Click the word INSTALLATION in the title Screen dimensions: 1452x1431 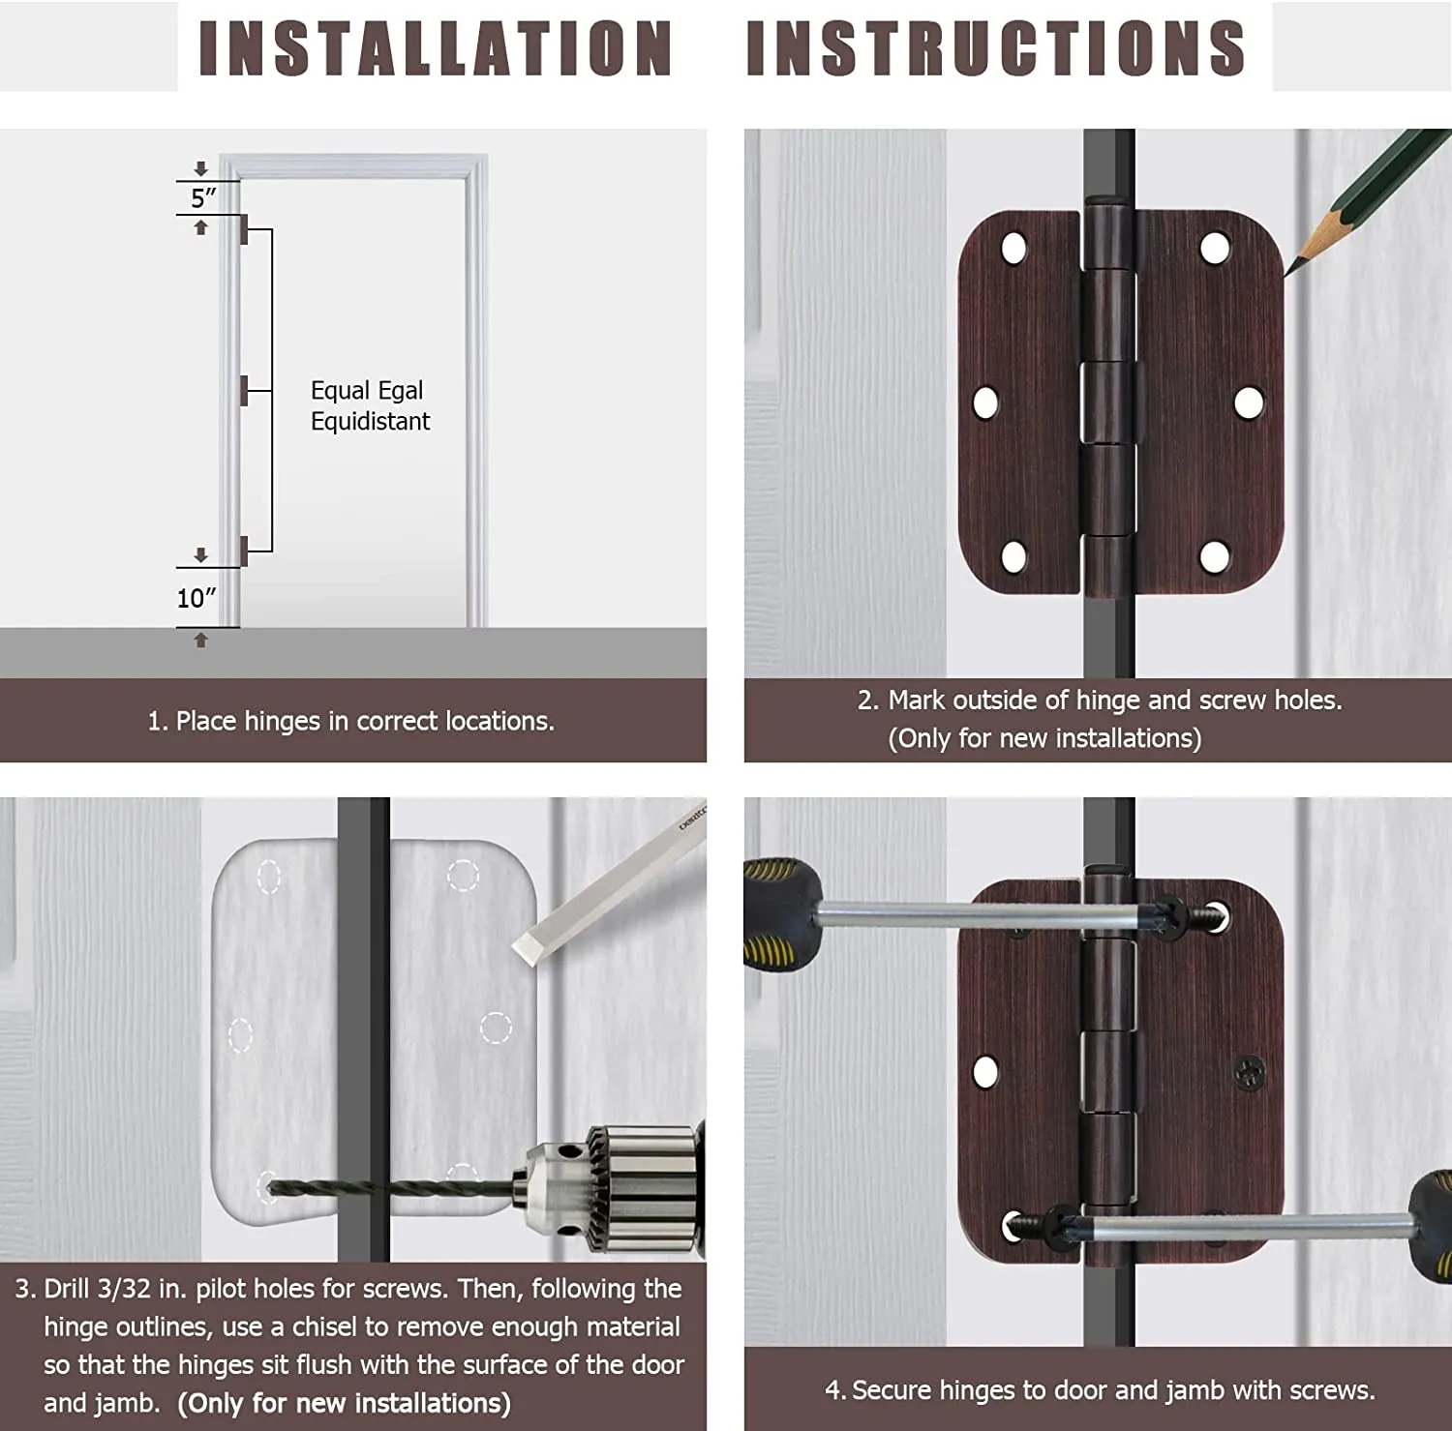click(x=435, y=48)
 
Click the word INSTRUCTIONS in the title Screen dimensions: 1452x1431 click(x=995, y=48)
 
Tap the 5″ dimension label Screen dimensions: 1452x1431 click(x=203, y=198)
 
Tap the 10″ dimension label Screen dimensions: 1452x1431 click(x=197, y=598)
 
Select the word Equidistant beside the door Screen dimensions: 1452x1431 click(x=370, y=422)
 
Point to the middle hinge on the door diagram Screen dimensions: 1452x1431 click(x=244, y=391)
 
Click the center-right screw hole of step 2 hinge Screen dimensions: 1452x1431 click(x=1248, y=402)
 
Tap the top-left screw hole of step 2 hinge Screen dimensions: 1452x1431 click(x=1013, y=249)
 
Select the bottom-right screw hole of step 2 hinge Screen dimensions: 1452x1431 click(x=1215, y=556)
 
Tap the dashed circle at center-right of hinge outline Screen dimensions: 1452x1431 click(x=496, y=1028)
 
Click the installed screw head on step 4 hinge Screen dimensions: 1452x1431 click(x=1249, y=1072)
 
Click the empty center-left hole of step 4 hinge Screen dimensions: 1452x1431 click(x=985, y=1072)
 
